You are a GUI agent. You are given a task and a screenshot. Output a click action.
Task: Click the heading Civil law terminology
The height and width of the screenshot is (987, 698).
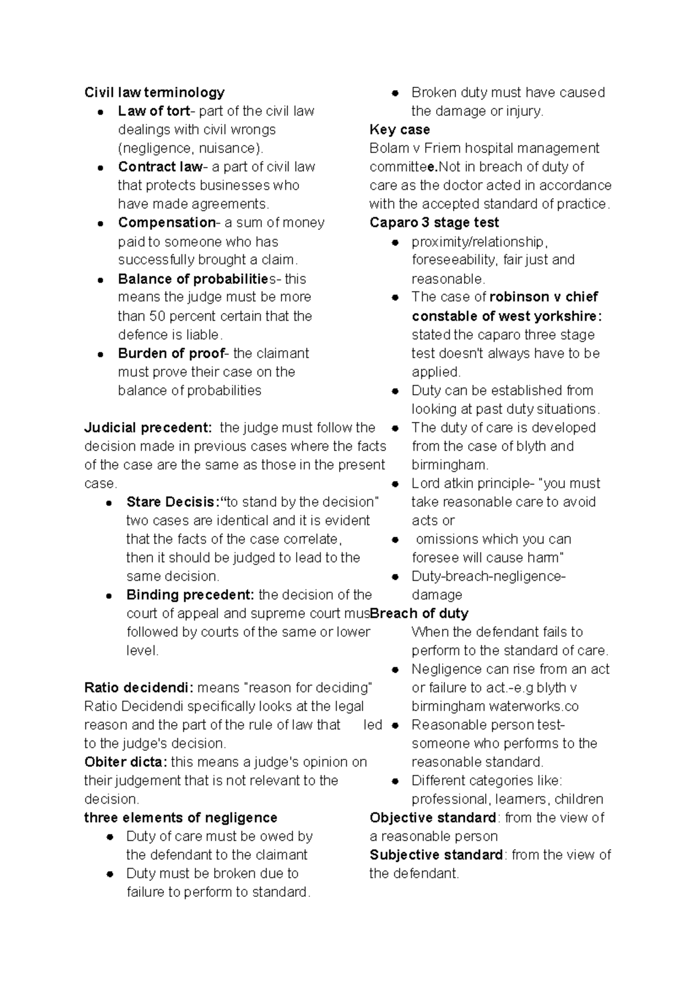tap(154, 93)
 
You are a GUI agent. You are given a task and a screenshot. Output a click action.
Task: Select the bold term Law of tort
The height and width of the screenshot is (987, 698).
tap(154, 111)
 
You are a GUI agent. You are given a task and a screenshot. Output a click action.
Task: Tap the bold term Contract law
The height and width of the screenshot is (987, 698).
tap(160, 167)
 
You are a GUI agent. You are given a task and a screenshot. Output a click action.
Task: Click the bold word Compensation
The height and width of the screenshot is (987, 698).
tap(166, 223)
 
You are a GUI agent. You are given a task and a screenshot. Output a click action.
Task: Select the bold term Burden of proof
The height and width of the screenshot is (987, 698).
tap(171, 353)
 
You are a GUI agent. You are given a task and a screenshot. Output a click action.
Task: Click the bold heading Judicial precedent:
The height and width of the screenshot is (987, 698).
tap(148, 428)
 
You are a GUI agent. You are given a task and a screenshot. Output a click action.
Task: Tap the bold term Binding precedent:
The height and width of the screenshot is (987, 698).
tap(190, 595)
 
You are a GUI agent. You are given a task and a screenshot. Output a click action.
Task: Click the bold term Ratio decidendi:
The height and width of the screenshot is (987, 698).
tap(139, 688)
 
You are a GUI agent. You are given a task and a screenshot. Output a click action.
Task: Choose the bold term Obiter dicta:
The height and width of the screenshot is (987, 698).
tap(126, 762)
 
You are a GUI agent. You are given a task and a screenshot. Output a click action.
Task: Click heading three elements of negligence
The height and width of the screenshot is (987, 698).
tap(180, 818)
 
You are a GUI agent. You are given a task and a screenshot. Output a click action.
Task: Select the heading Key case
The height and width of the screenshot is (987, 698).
tap(400, 130)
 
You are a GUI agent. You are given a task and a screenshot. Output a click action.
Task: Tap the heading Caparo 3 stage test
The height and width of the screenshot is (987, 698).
tap(434, 223)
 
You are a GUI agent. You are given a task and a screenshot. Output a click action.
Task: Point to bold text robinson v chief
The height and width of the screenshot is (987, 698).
tap(543, 297)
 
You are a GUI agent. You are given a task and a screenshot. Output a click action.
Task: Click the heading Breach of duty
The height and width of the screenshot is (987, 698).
tap(419, 613)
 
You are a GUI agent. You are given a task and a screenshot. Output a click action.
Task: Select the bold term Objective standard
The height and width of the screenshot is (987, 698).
tap(432, 818)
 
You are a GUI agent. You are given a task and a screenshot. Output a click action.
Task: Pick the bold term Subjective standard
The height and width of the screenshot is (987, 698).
tap(436, 855)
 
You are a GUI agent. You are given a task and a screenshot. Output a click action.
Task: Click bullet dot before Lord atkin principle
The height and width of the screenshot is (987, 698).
tap(395, 484)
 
